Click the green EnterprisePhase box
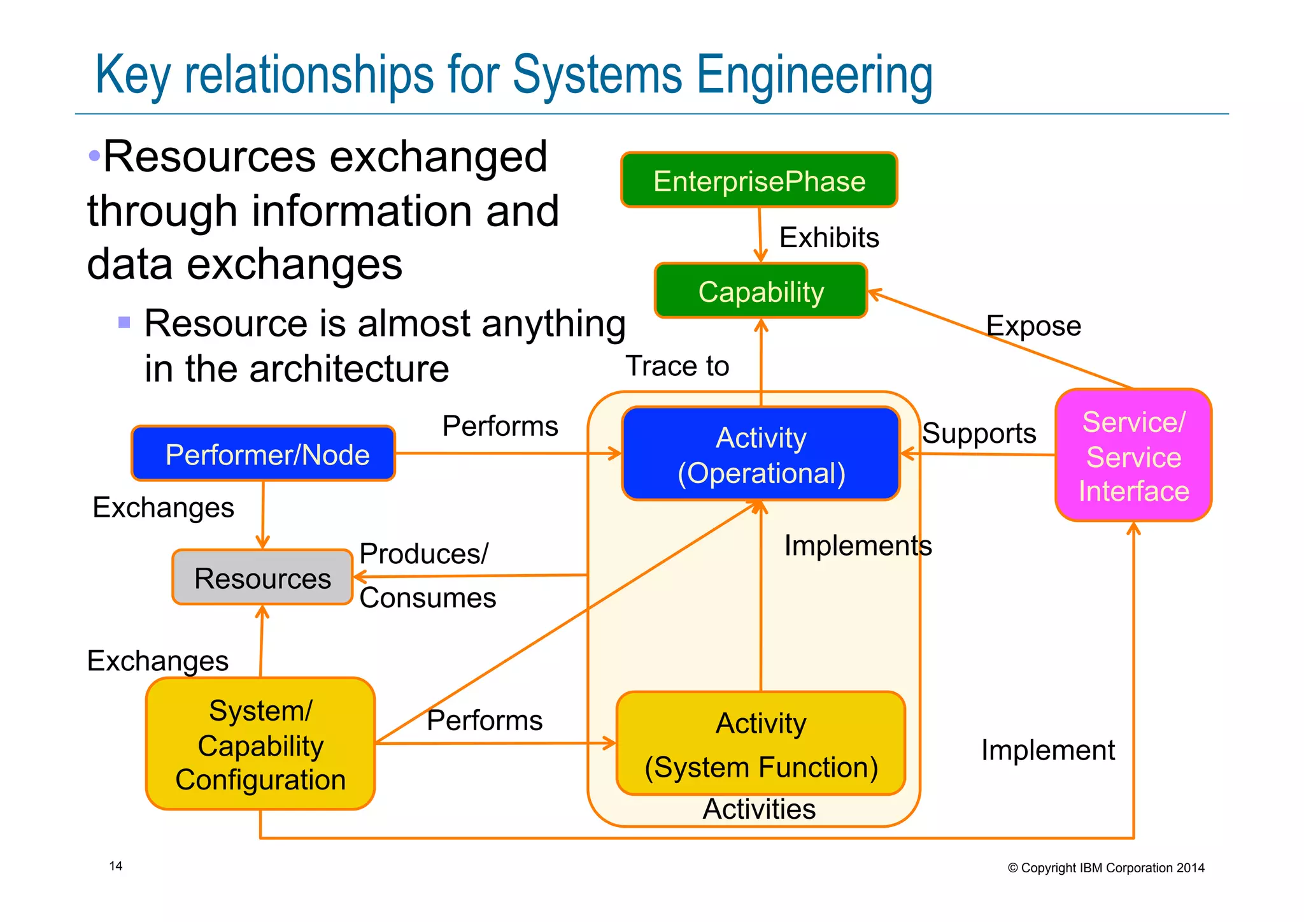pyautogui.click(x=759, y=181)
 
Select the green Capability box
pyautogui.click(x=761, y=292)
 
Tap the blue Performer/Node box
pyautogui.click(x=264, y=454)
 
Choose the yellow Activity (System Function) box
pyautogui.click(x=761, y=744)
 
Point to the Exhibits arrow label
pyautogui.click(x=829, y=238)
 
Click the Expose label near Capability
pyautogui.click(x=1033, y=326)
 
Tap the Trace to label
pyautogui.click(x=677, y=366)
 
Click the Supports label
pyautogui.click(x=979, y=434)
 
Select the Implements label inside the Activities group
pyautogui.click(x=858, y=546)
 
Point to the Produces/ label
pyautogui.click(x=424, y=554)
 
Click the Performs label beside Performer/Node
pyautogui.click(x=500, y=426)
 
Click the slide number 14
pyautogui.click(x=116, y=866)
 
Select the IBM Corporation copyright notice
pyautogui.click(x=1106, y=868)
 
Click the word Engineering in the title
pyautogui.click(x=814, y=76)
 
